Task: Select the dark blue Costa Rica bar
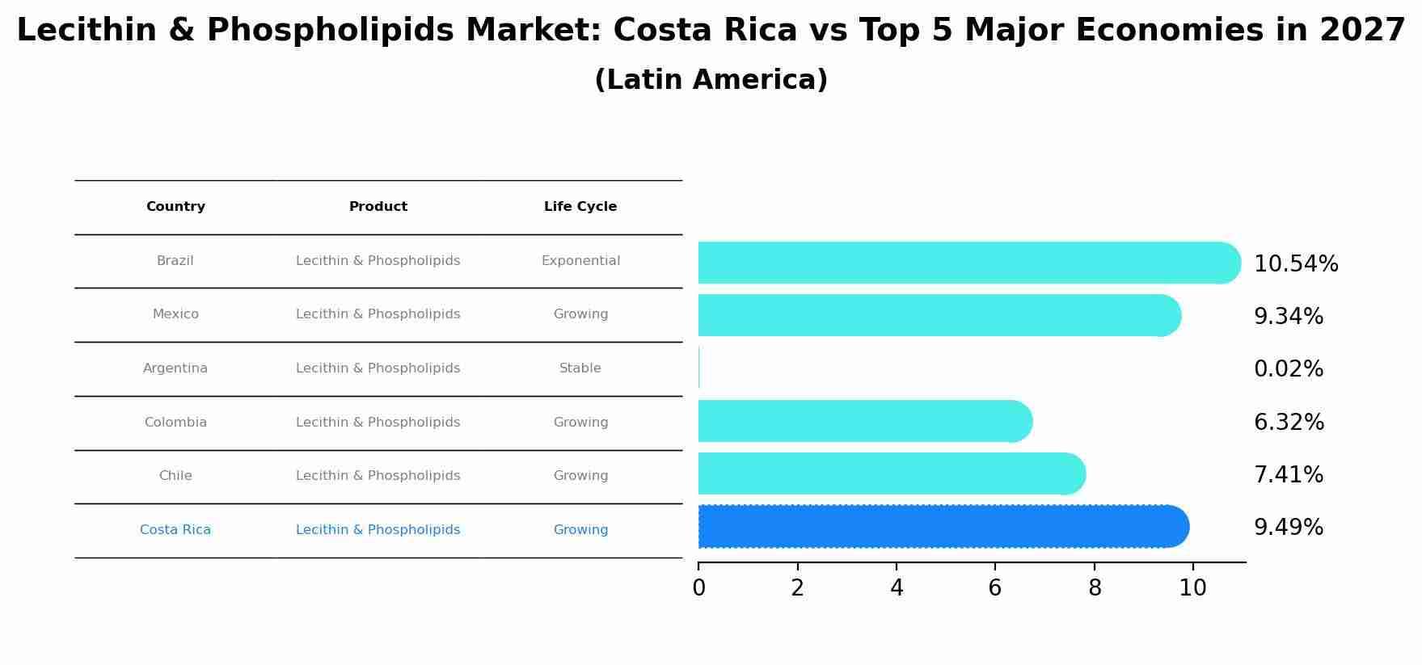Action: (x=943, y=527)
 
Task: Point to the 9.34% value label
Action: (x=1288, y=317)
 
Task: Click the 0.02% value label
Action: (x=1288, y=369)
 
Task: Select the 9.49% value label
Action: (x=1288, y=528)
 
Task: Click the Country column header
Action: (x=175, y=207)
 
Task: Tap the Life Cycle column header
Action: (x=580, y=207)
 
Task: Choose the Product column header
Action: (x=378, y=207)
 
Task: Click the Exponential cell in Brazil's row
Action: (x=580, y=261)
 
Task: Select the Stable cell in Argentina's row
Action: (x=580, y=368)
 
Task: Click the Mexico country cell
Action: (x=175, y=314)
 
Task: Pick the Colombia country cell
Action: (x=175, y=423)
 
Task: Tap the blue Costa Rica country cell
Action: (x=175, y=530)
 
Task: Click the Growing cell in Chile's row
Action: (x=580, y=476)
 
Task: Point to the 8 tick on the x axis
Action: (x=1094, y=587)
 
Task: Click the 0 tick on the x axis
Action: (x=698, y=587)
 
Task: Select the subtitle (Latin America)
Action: (x=711, y=80)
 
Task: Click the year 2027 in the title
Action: (x=1362, y=31)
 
